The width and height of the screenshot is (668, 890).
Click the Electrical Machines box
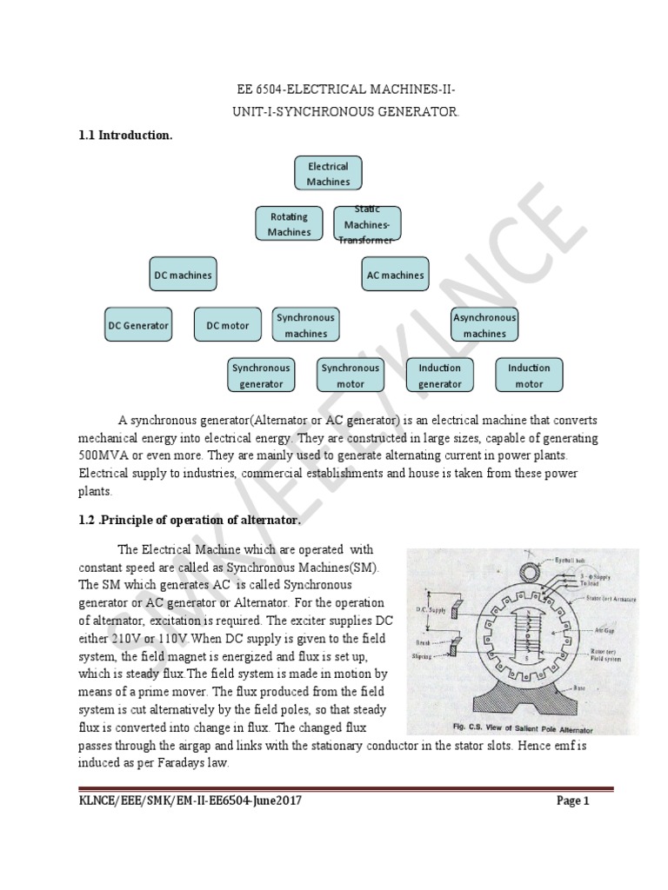[328, 174]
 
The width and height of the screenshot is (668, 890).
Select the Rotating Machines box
[290, 224]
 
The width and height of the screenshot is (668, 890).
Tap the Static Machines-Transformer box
[366, 224]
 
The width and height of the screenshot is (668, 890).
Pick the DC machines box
[183, 276]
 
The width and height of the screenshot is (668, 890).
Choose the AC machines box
[395, 276]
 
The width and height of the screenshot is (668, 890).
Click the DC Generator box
[138, 326]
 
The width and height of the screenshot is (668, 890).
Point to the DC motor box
[227, 326]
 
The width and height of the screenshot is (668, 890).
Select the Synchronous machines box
[305, 325]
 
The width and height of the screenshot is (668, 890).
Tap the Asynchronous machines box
[484, 325]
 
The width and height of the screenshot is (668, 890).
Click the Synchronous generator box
[261, 375]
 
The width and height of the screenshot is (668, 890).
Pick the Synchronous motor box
[350, 375]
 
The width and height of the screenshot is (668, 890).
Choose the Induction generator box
[440, 375]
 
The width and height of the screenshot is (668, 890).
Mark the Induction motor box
[529, 375]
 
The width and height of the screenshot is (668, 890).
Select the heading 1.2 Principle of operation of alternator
[190, 521]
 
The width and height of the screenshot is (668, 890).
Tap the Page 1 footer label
[573, 802]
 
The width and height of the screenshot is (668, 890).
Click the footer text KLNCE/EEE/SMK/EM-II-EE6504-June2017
[190, 802]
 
